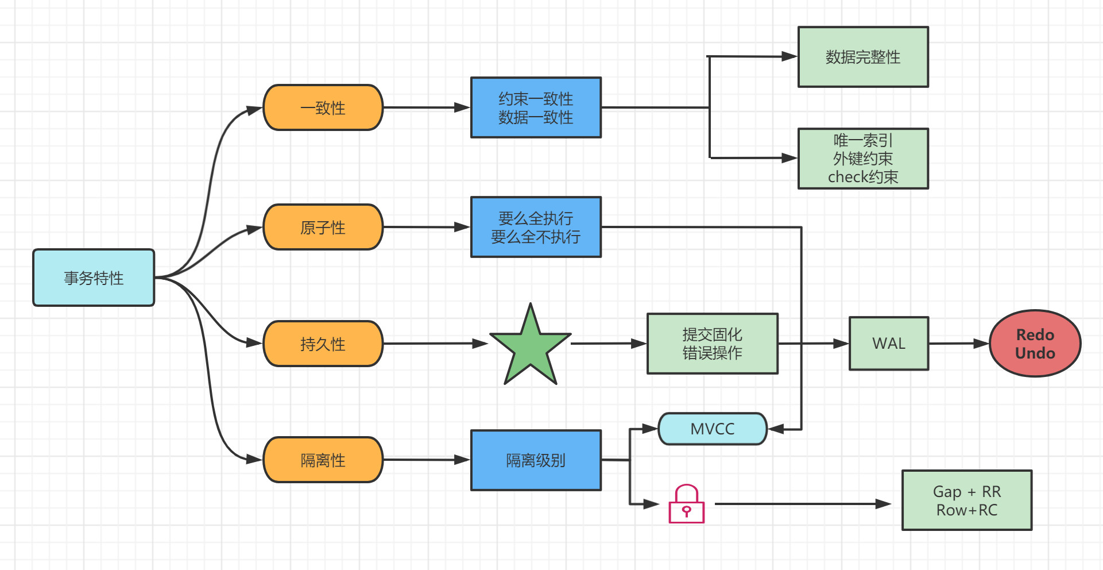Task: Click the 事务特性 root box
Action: click(x=94, y=278)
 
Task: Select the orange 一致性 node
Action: click(x=323, y=107)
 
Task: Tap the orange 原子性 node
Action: click(x=323, y=227)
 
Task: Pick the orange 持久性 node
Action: click(x=323, y=344)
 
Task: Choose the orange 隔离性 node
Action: click(x=323, y=460)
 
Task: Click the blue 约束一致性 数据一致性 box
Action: click(x=536, y=107)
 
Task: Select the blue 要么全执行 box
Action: click(x=536, y=227)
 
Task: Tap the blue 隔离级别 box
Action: click(x=536, y=460)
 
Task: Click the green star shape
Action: click(x=531, y=348)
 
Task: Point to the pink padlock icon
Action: click(x=686, y=505)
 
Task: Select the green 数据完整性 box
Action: click(x=863, y=57)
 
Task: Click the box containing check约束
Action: click(x=863, y=159)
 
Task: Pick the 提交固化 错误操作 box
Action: click(x=713, y=344)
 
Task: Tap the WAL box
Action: click(x=889, y=344)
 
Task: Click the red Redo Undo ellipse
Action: click(x=1035, y=344)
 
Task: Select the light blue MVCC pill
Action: click(x=713, y=429)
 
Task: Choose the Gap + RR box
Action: click(x=967, y=500)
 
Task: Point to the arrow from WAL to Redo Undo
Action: click(x=958, y=344)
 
